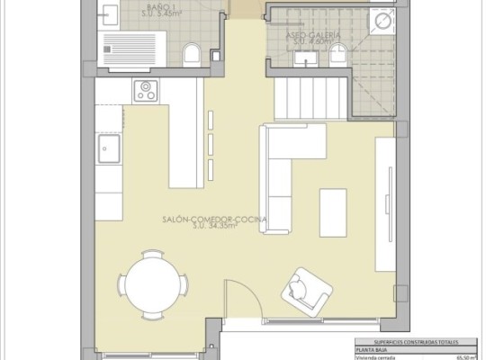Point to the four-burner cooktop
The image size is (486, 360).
pyautogui.click(x=147, y=91)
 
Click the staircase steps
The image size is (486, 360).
pyautogui.click(x=311, y=94)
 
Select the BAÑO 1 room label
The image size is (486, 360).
pyautogui.click(x=161, y=6)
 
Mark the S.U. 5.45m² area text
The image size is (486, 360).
pyautogui.click(x=164, y=15)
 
